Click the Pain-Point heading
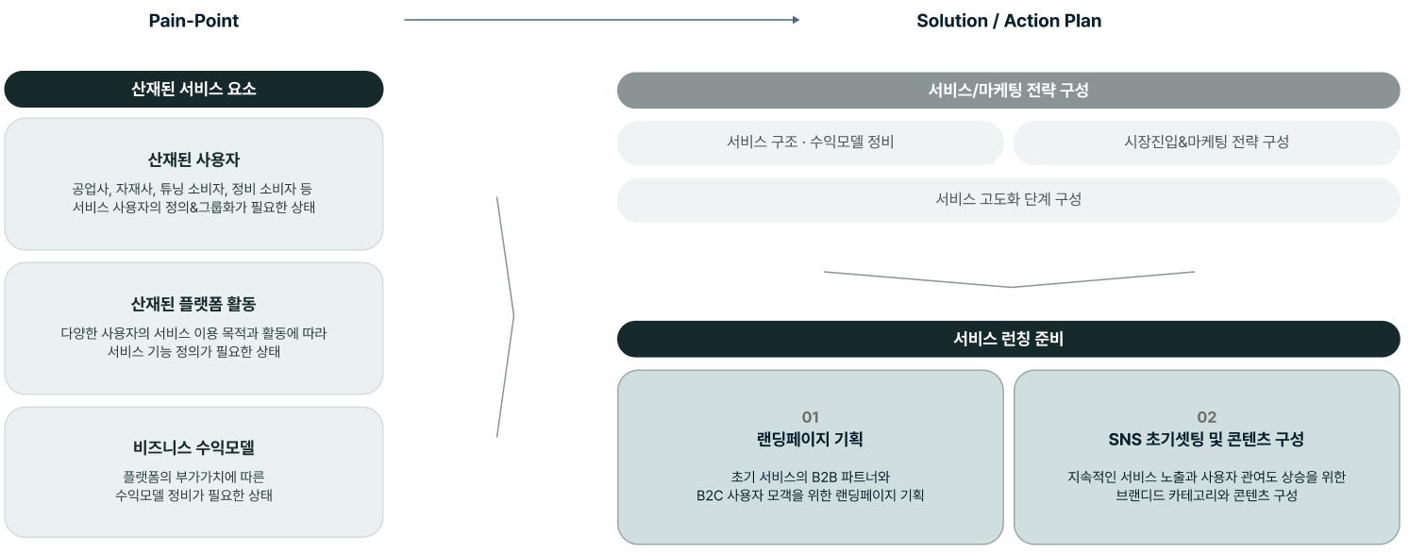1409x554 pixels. click(193, 21)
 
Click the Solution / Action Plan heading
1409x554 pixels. click(1008, 21)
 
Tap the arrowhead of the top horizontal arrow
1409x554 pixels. click(796, 20)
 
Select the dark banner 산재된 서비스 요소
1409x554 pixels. click(193, 89)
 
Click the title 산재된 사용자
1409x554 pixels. click(193, 159)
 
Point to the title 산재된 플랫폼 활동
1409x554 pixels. click(193, 304)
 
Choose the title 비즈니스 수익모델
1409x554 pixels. click(193, 447)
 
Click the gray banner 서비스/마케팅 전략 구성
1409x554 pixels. click(1008, 90)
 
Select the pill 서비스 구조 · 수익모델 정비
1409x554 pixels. click(810, 143)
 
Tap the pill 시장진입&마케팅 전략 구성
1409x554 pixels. click(1206, 143)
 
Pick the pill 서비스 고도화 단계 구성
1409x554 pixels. click(1008, 200)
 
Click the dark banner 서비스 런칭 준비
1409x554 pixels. click(1008, 339)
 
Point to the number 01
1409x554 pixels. click(810, 417)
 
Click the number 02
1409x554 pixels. click(1206, 417)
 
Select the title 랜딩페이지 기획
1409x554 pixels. click(810, 439)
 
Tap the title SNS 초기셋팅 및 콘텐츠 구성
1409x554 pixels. click(1206, 439)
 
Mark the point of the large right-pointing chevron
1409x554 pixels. click(513, 316)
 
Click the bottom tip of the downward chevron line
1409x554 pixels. click(1011, 287)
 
